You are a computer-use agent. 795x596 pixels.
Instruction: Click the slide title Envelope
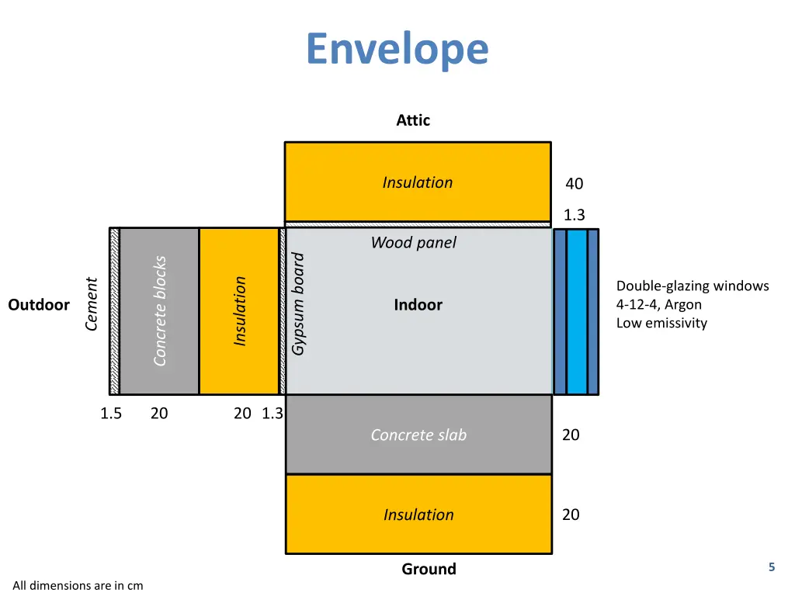pos(397,49)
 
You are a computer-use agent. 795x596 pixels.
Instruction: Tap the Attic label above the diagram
pos(412,120)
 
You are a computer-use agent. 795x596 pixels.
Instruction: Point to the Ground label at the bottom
pos(429,569)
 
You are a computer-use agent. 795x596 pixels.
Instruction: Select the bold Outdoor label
pos(39,305)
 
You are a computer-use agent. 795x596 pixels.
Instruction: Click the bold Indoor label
pos(418,305)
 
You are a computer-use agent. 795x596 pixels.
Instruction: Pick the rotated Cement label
pos(92,303)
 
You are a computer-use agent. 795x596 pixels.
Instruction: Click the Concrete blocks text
pos(160,310)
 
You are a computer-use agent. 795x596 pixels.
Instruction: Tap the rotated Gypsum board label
pos(298,303)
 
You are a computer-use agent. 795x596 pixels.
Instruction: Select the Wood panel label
pos(413,243)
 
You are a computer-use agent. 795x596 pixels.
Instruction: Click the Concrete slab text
pos(418,435)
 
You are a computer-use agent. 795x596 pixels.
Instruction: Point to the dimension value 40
pos(574,184)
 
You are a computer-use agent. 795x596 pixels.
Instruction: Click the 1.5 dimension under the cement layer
pos(111,414)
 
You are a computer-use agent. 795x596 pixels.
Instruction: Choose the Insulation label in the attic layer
pos(418,182)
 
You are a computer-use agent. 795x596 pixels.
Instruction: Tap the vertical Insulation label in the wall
pos(240,310)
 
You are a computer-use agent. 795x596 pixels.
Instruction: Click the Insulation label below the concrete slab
pos(418,515)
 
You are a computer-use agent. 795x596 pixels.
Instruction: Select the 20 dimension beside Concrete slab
pos(571,435)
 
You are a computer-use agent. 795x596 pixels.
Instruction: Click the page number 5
pos(772,567)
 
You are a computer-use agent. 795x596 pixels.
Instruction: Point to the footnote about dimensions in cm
pos(78,586)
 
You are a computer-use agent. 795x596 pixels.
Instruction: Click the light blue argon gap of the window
pos(577,311)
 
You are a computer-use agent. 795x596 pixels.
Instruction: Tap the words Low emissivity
pos(661,324)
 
